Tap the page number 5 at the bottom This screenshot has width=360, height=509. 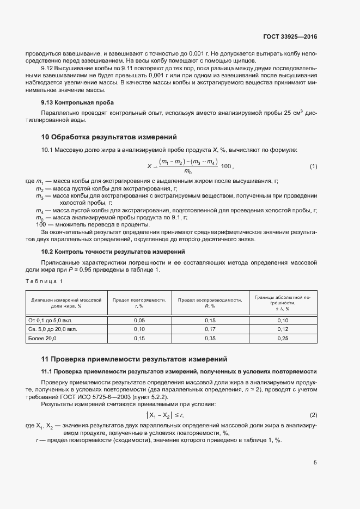click(x=315, y=463)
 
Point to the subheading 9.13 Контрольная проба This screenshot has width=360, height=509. click(x=77, y=102)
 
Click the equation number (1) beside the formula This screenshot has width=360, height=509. click(x=313, y=165)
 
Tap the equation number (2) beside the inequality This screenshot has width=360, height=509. click(x=313, y=415)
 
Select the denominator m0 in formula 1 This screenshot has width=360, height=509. click(x=188, y=171)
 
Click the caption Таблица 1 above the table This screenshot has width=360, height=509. click(x=45, y=281)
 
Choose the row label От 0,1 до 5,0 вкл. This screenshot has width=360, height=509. click(x=49, y=321)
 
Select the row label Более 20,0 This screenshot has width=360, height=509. click(x=42, y=338)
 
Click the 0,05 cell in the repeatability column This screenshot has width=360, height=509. click(x=139, y=321)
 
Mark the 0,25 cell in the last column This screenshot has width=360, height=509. click(x=283, y=338)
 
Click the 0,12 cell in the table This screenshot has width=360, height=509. click(x=283, y=329)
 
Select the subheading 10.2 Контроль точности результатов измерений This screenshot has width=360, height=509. click(x=113, y=252)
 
